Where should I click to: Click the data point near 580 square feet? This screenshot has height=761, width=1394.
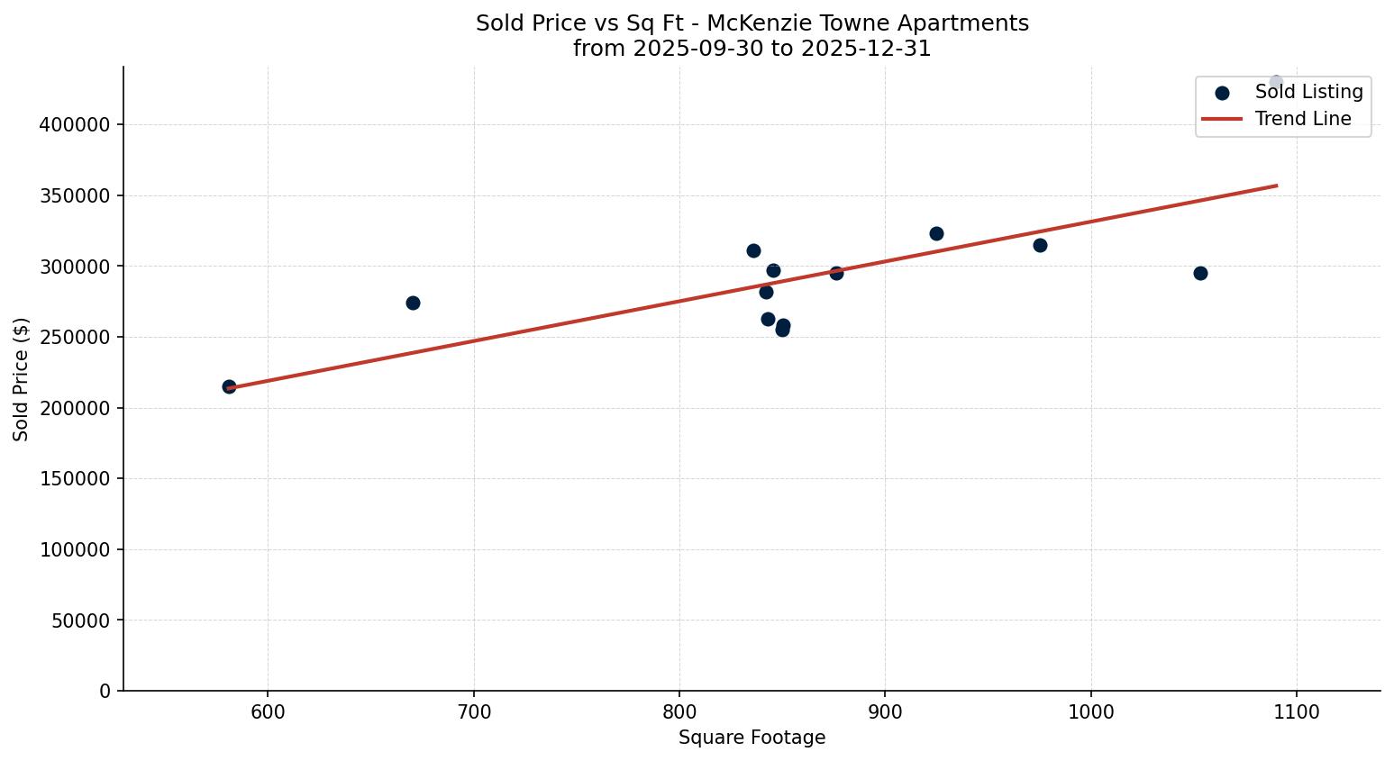(x=229, y=386)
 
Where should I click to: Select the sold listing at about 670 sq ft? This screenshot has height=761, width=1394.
(x=413, y=303)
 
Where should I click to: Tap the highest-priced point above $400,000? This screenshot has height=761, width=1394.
(x=1276, y=82)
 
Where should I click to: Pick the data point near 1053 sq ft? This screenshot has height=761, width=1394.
(x=1200, y=273)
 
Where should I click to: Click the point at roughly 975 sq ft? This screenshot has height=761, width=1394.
(x=1040, y=245)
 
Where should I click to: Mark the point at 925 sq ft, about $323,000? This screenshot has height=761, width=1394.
(x=936, y=233)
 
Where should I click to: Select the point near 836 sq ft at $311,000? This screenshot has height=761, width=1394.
(x=753, y=250)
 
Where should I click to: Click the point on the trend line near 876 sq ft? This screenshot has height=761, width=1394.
(x=836, y=273)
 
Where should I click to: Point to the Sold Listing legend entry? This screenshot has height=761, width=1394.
(x=1308, y=92)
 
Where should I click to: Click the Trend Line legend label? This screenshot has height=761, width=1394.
(x=1303, y=119)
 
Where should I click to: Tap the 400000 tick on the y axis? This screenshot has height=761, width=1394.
(x=75, y=124)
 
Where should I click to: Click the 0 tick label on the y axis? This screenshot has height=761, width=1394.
(x=105, y=691)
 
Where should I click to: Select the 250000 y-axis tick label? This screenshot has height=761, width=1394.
(x=75, y=337)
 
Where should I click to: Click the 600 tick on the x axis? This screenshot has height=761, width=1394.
(x=268, y=712)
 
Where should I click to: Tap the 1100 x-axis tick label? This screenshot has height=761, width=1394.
(x=1297, y=712)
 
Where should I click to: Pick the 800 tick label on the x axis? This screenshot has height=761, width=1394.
(x=679, y=712)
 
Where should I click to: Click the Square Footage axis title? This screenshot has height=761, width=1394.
(x=752, y=738)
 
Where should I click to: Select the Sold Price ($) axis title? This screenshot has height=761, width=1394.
(x=22, y=379)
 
